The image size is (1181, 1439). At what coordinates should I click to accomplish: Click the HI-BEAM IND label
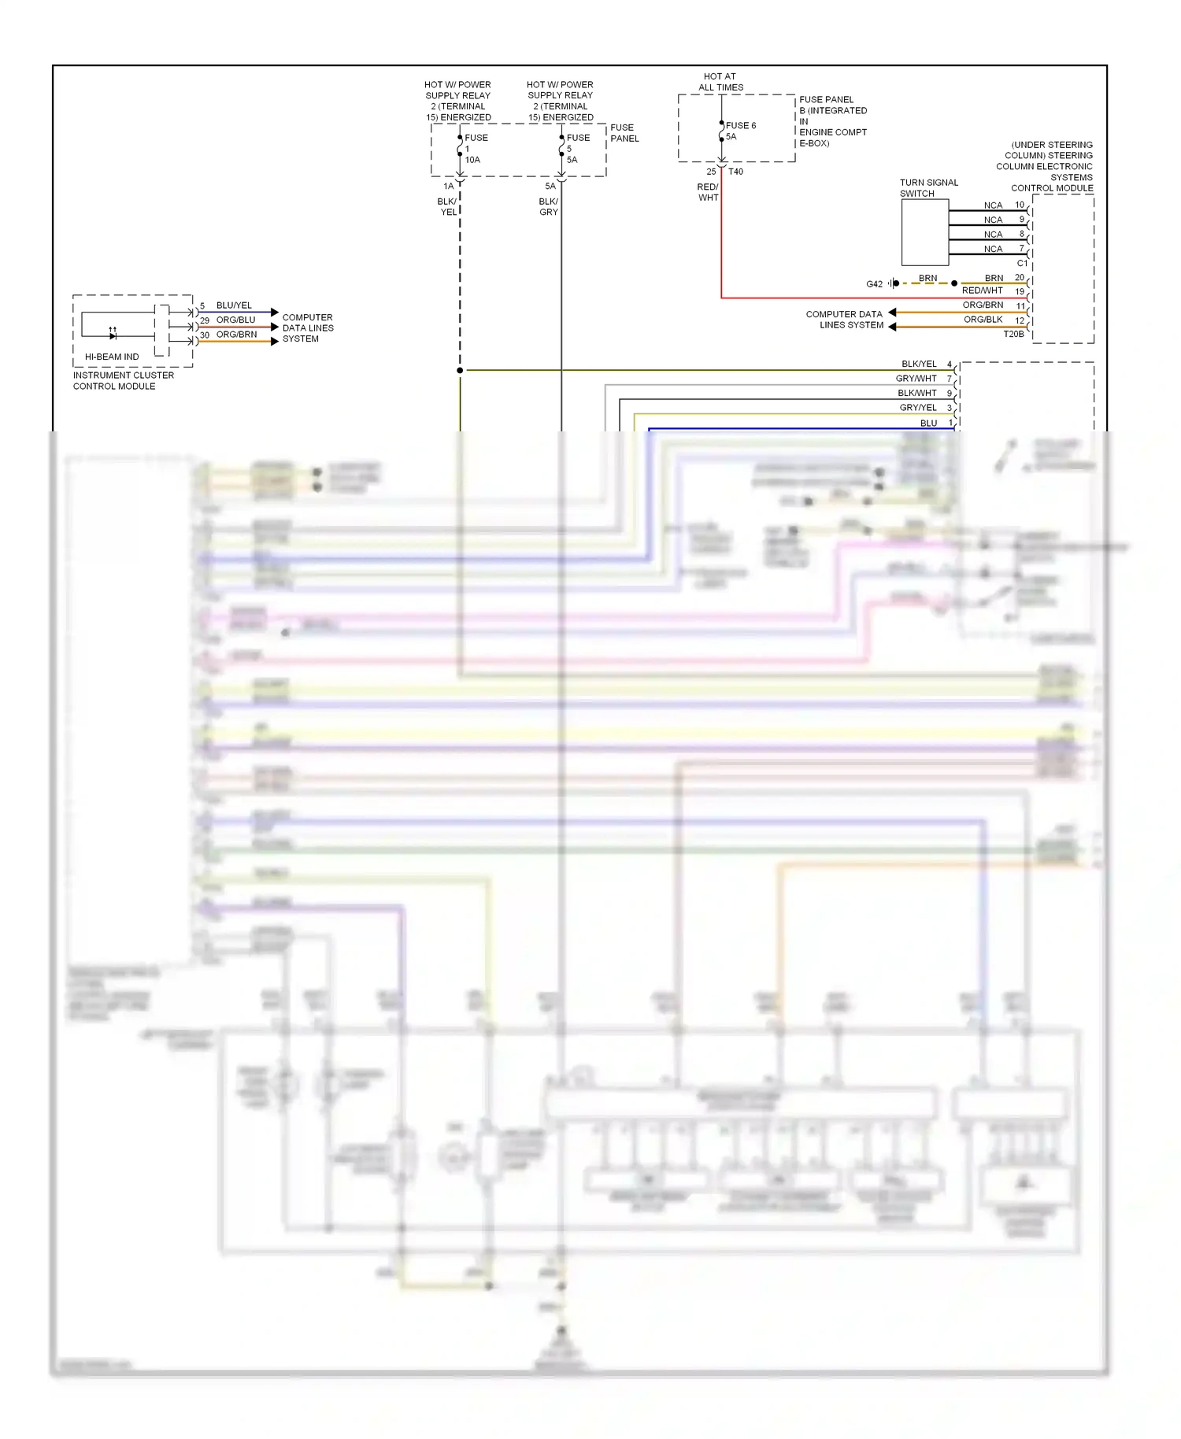tap(111, 357)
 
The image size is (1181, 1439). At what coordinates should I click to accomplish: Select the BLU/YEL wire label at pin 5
tap(234, 305)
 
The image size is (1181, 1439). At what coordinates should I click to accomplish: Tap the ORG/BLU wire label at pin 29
tap(235, 320)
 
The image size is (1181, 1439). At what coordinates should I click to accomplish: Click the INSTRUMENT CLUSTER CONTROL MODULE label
tap(123, 380)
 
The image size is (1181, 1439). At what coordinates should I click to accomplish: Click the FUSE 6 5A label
tap(739, 131)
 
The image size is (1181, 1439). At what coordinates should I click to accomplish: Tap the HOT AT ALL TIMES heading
tap(720, 82)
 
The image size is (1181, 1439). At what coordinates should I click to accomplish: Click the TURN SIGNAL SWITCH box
tap(924, 232)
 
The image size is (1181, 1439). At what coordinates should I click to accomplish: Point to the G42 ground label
tap(874, 284)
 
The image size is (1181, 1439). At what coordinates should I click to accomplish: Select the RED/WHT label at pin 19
tap(982, 290)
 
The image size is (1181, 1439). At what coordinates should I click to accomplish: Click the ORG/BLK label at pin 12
tap(983, 320)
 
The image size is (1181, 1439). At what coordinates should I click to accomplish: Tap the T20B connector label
tap(1013, 335)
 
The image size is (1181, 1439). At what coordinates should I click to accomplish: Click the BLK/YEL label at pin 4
tap(919, 364)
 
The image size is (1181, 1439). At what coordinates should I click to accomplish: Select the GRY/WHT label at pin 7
tap(916, 379)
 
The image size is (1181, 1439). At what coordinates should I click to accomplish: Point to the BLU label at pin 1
tap(928, 423)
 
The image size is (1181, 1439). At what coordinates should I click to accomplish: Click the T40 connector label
tap(735, 172)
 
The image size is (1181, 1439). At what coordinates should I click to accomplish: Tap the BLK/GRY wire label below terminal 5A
tap(549, 207)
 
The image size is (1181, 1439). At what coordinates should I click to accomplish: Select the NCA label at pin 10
tap(993, 205)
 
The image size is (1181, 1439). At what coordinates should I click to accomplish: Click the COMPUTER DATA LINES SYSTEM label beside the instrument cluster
tap(307, 328)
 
